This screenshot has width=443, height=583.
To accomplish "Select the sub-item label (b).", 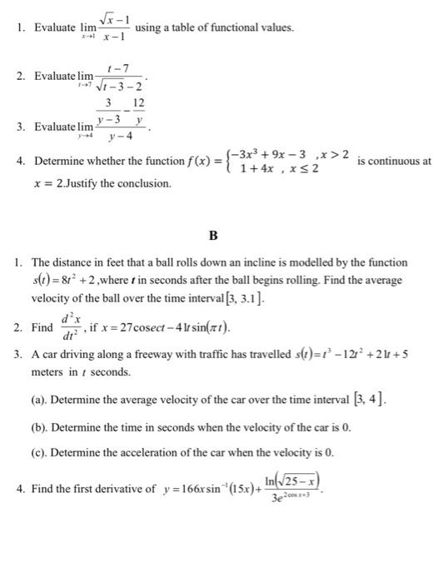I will tap(39, 431).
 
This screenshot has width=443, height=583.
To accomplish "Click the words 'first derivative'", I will tap(103, 491).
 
